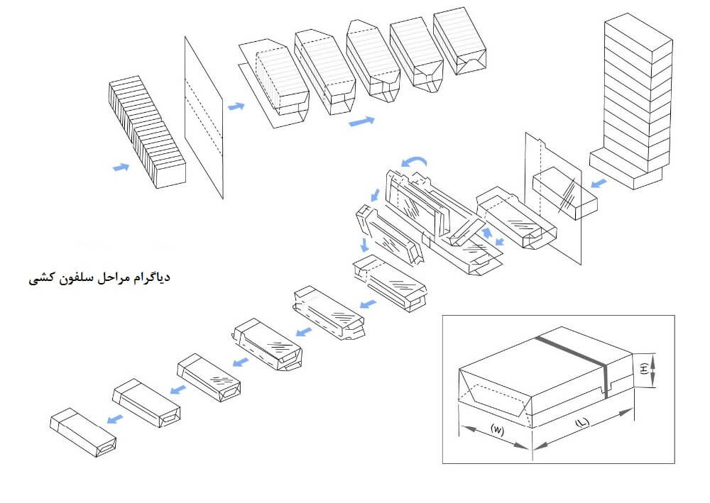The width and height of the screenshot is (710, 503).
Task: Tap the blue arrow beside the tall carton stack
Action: click(599, 183)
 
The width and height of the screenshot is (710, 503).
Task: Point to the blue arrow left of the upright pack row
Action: click(121, 167)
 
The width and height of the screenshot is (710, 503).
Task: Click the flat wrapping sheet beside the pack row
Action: click(204, 117)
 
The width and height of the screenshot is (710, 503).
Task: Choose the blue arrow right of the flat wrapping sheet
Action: click(236, 106)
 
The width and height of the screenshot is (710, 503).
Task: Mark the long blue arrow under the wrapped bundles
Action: click(361, 121)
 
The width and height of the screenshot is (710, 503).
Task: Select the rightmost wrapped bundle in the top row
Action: click(461, 43)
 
